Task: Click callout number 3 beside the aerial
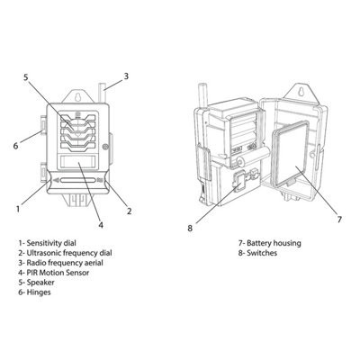tap(125, 76)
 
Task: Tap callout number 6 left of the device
tap(15, 145)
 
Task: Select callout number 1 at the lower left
tap(18, 209)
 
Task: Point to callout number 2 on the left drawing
tap(129, 211)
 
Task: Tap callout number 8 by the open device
tap(190, 228)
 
